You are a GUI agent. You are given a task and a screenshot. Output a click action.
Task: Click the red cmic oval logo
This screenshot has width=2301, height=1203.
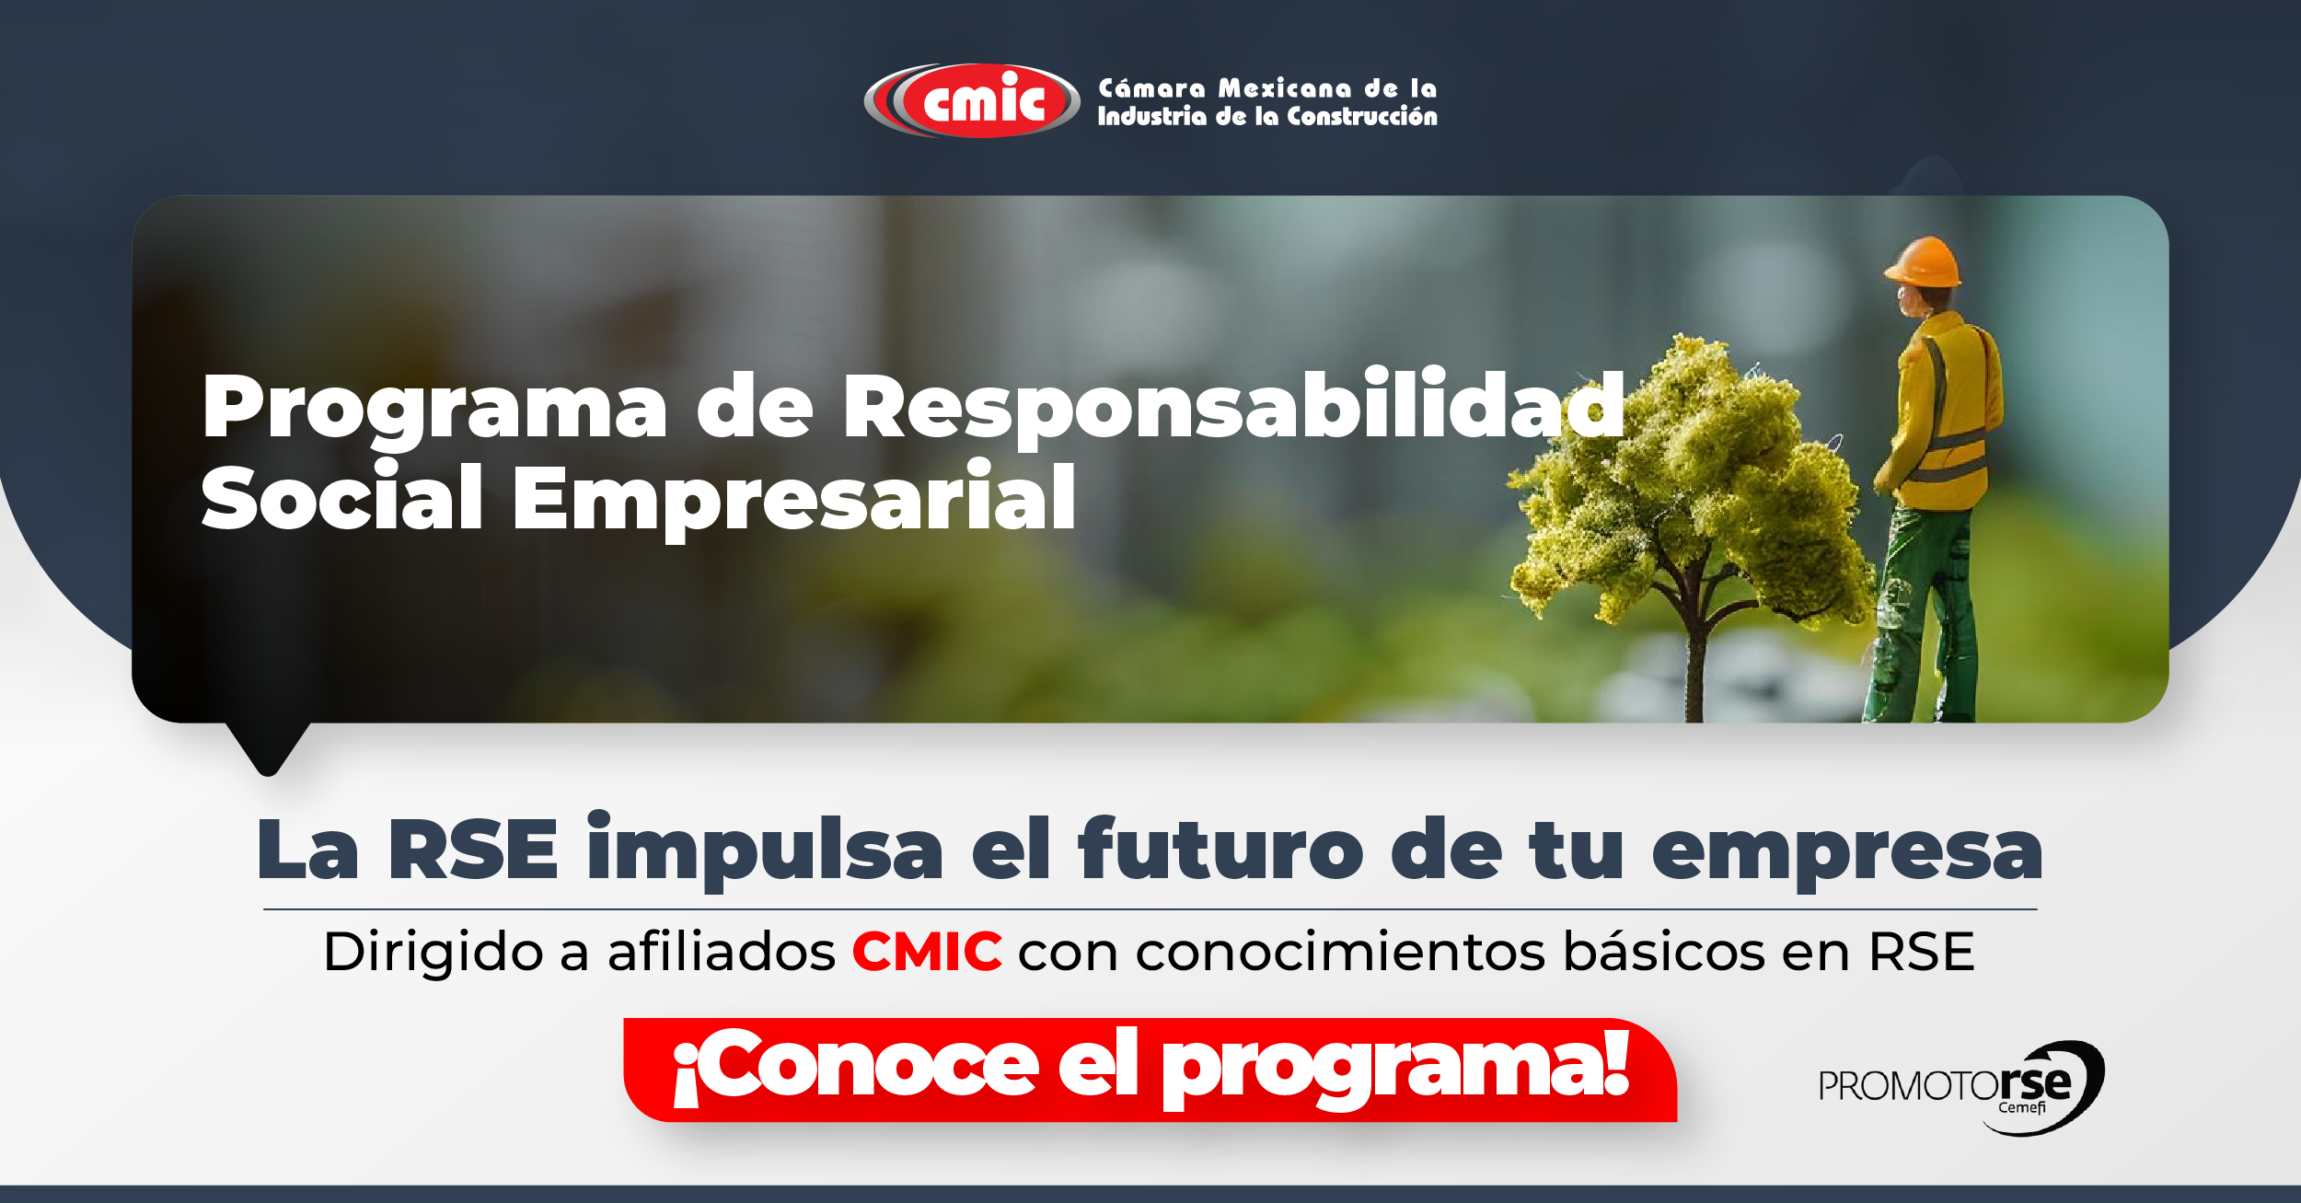(972, 100)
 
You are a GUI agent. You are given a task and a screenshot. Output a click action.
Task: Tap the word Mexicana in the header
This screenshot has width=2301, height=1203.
(1286, 88)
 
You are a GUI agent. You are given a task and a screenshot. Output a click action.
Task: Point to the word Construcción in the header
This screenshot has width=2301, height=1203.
(1362, 116)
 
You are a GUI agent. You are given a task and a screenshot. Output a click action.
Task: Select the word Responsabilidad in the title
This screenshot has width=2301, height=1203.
(1234, 405)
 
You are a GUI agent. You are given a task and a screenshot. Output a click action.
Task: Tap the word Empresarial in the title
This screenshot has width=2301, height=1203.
(794, 499)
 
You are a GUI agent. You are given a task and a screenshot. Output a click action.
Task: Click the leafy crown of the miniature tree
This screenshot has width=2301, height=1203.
(1684, 479)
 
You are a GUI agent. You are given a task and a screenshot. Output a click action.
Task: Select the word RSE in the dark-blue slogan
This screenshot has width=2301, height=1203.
(473, 850)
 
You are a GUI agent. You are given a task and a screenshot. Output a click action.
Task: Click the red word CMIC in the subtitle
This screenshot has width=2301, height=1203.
(927, 952)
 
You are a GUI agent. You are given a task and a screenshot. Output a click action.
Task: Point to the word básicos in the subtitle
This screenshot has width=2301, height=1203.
(1664, 951)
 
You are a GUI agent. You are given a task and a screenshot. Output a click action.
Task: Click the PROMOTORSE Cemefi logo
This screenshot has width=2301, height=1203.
(1961, 1088)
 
